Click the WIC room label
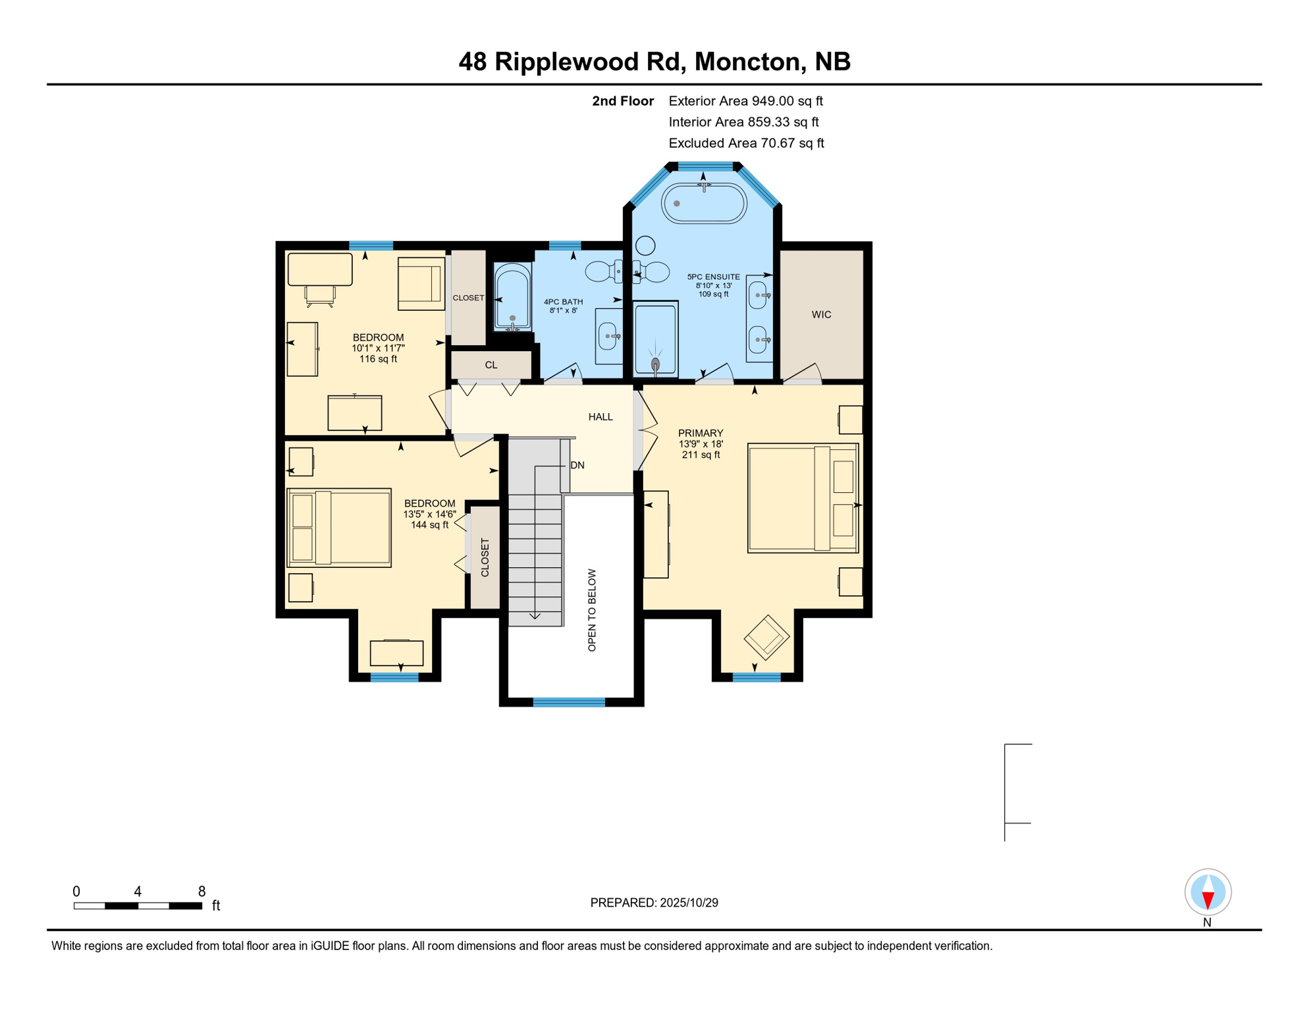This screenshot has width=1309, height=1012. (x=821, y=315)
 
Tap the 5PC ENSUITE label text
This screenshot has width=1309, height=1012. (x=713, y=277)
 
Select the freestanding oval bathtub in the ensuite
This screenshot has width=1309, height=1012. (x=703, y=204)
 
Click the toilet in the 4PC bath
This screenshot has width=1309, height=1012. (x=603, y=271)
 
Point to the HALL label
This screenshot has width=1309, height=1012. (x=600, y=417)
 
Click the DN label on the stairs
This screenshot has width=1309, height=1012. (x=577, y=465)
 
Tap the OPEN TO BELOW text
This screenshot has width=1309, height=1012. (x=591, y=610)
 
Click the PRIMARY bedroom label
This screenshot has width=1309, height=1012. (x=700, y=434)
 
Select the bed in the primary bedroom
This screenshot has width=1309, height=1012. (x=802, y=498)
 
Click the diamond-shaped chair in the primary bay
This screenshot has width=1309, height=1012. (x=766, y=637)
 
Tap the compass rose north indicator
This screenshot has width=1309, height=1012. (x=1208, y=893)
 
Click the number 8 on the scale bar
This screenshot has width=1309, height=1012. (x=201, y=891)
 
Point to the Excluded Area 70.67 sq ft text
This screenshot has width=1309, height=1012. (x=745, y=143)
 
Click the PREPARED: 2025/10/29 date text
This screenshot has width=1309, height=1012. (x=654, y=903)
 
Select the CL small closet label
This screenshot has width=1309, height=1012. (x=491, y=365)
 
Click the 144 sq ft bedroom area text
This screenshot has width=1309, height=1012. (x=429, y=525)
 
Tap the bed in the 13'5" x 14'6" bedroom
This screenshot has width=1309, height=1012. (x=339, y=528)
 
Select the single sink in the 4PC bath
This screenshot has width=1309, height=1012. (x=608, y=337)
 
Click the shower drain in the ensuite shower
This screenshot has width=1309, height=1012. (x=655, y=364)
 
